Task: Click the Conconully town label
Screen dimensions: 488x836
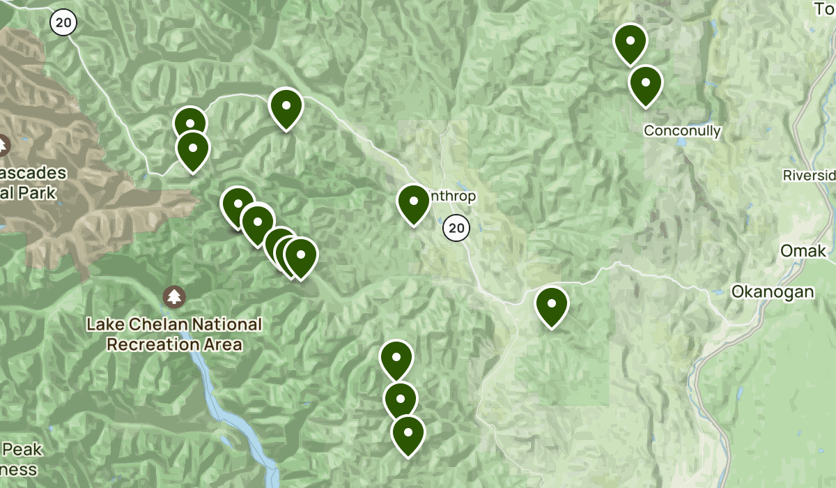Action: point(682,130)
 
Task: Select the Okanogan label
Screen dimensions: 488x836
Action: point(772,291)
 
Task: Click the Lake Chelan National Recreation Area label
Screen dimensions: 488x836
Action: point(174,334)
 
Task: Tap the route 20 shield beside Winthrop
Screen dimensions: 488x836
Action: point(456,227)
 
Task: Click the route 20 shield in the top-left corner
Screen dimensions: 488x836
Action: point(63,22)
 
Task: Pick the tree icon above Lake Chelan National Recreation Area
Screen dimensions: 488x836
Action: point(174,297)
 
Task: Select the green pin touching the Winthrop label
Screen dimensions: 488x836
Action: point(413,203)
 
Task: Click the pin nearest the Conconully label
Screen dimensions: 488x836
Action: point(645,84)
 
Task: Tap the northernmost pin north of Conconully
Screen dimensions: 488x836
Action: point(630,42)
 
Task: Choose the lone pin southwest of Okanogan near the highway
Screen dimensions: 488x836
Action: point(551,305)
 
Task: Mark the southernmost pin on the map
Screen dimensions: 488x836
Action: point(408,434)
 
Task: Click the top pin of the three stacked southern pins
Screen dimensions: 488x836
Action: point(396,358)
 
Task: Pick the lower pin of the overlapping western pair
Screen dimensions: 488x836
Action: point(193,150)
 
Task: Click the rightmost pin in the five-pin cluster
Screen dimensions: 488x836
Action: point(301,256)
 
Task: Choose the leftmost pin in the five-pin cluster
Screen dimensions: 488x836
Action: point(237,206)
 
